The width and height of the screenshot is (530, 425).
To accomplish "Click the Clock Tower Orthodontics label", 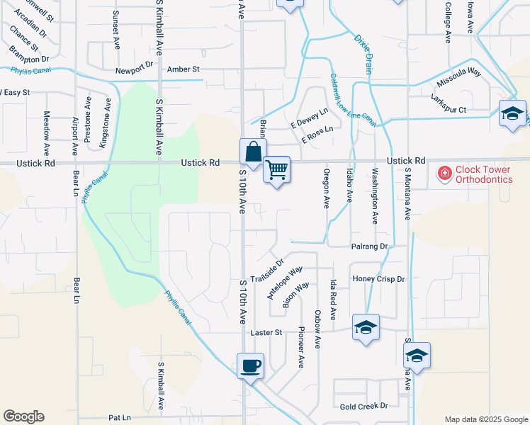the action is (483, 174).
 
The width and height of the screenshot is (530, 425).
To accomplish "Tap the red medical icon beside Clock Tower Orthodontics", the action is (444, 174).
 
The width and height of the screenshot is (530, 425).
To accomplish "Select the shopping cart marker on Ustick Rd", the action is (277, 169).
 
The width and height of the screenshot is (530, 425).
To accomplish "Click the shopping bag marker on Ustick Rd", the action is (253, 152).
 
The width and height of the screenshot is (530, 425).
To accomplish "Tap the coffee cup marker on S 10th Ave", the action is (250, 366).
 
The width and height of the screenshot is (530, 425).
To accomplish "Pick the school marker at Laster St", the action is (366, 327).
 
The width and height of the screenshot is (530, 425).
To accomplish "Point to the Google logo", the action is (23, 416).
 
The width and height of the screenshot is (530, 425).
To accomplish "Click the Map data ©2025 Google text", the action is (485, 419).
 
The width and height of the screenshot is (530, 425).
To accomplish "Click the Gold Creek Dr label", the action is (364, 406).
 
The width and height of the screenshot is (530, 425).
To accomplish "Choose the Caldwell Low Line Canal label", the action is (351, 101).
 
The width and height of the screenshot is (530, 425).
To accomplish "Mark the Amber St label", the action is (184, 69).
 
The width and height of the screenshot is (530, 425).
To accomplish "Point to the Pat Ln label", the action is (120, 418).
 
